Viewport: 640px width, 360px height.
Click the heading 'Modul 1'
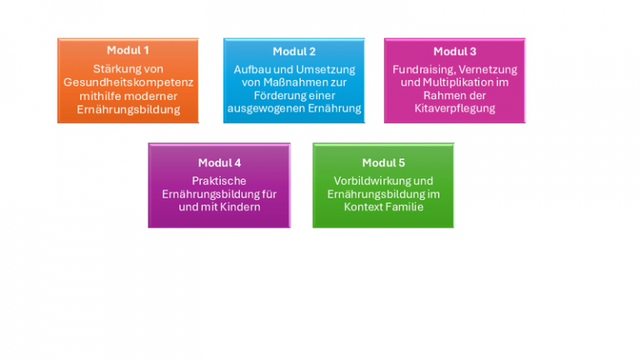[x=128, y=51]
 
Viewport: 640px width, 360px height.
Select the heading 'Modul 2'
[x=294, y=52]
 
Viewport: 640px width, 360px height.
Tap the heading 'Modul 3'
[x=454, y=52]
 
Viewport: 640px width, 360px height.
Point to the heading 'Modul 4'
[x=219, y=162]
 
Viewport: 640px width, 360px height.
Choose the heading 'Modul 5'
[x=383, y=162]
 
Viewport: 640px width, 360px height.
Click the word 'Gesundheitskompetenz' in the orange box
[x=128, y=82]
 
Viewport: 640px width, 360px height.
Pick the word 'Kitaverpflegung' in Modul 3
[x=454, y=109]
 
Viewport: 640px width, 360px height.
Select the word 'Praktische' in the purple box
[x=219, y=180]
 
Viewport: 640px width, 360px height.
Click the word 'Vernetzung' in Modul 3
[x=488, y=69]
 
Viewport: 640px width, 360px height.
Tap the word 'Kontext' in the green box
[x=363, y=207]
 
